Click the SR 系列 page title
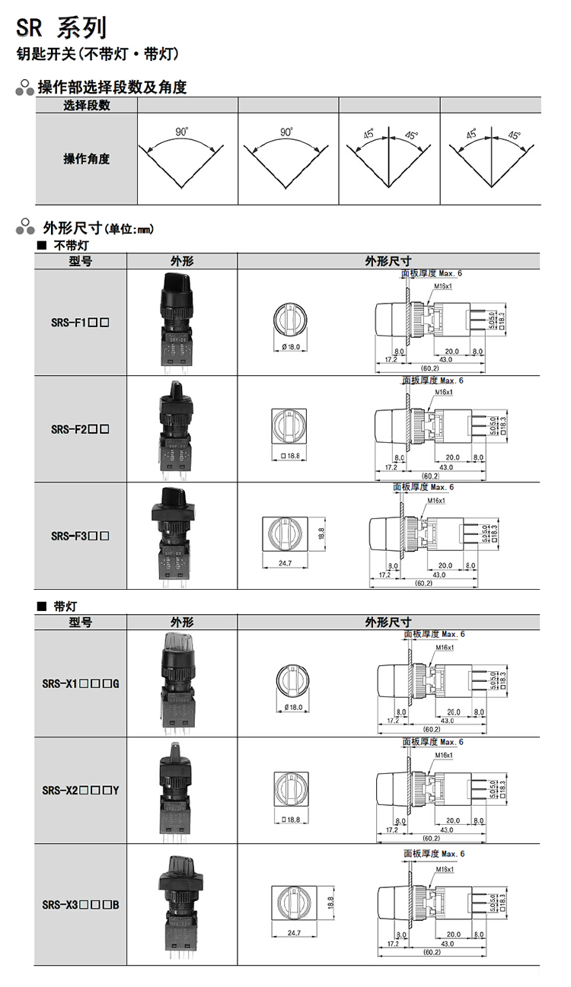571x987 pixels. (x=61, y=28)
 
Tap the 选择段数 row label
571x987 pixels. (x=86, y=106)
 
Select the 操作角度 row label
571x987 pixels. (x=86, y=159)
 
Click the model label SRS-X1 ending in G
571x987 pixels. (x=81, y=683)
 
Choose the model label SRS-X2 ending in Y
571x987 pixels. (x=81, y=790)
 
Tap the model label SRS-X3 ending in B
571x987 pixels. (x=81, y=905)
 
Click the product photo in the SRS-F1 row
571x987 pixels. (x=181, y=321)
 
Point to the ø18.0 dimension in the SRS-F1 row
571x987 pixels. (x=292, y=347)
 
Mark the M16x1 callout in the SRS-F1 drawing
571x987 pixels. (x=443, y=286)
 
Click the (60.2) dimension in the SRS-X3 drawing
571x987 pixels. (x=432, y=952)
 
